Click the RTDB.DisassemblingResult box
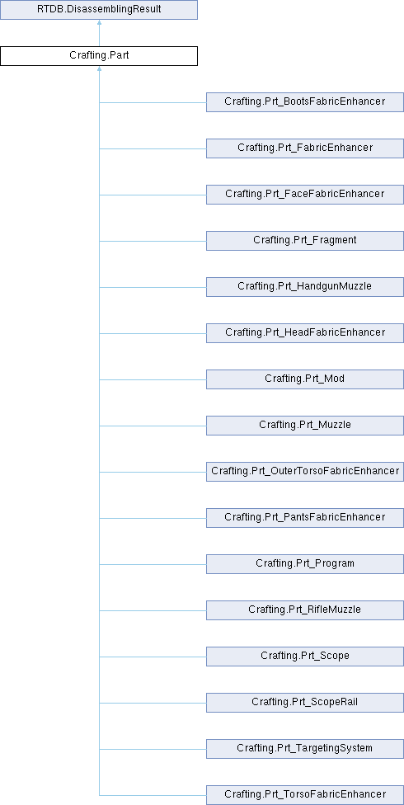(x=99, y=10)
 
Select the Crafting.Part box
(x=99, y=56)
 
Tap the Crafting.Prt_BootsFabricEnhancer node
(x=305, y=102)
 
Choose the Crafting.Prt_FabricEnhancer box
(x=305, y=148)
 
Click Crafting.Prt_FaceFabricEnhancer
(x=305, y=195)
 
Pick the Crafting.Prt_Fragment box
(x=305, y=241)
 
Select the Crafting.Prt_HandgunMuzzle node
(x=305, y=287)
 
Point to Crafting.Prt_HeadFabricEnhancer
(x=305, y=333)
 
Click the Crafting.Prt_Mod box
(x=305, y=379)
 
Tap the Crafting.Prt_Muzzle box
(x=305, y=426)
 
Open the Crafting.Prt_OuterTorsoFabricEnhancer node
(x=305, y=472)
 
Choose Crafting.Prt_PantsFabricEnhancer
(x=305, y=518)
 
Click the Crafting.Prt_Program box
(x=305, y=564)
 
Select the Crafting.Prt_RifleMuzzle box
(x=305, y=610)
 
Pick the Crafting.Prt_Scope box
(x=305, y=657)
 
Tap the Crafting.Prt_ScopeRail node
(x=305, y=703)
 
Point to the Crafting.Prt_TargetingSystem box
(x=305, y=749)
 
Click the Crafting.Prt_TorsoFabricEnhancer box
(x=305, y=795)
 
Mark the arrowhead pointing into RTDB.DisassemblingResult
(x=99, y=22)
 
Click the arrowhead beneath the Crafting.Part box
(x=99, y=68)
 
